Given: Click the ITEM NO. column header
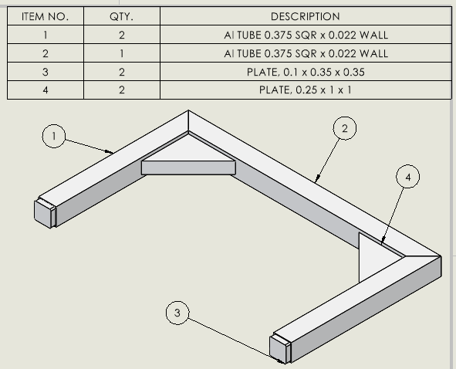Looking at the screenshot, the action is click(x=46, y=16).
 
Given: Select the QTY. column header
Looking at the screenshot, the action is click(x=122, y=16).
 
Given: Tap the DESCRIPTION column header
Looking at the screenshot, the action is click(x=306, y=16).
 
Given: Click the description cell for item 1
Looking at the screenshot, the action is click(x=306, y=35).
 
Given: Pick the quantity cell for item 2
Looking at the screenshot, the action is click(x=122, y=53).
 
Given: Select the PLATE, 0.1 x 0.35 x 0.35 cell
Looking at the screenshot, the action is click(x=306, y=72).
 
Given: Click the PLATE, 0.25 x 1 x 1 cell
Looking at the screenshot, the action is click(x=306, y=90).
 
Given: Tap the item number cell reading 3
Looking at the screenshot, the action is click(x=46, y=72).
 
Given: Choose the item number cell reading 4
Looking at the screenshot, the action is click(x=46, y=90).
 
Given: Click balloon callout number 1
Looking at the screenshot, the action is click(x=54, y=136).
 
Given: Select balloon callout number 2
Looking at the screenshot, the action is click(x=345, y=128).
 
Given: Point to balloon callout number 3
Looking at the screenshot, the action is click(x=177, y=313).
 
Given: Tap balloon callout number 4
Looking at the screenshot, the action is click(x=407, y=177).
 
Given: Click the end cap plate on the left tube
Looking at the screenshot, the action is click(x=44, y=213).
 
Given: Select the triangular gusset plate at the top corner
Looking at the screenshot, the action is click(x=188, y=154).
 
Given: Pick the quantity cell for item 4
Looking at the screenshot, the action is click(x=122, y=90).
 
